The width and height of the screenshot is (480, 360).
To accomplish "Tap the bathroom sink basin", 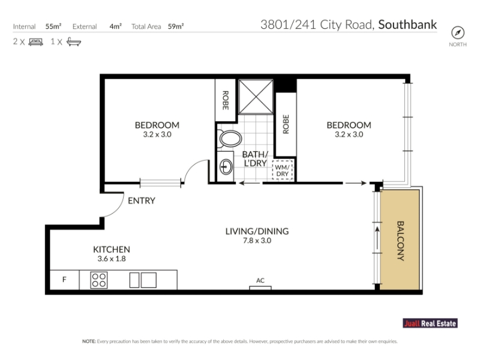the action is click(226, 167).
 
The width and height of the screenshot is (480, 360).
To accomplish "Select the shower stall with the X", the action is click(256, 97).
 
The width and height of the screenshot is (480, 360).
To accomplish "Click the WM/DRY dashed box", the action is click(282, 170).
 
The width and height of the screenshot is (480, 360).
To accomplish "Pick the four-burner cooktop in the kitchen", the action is click(99, 280).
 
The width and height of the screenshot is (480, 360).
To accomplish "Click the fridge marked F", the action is click(64, 280).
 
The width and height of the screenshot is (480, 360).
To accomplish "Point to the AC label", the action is click(260, 280).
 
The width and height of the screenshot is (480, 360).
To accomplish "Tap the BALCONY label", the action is click(400, 241).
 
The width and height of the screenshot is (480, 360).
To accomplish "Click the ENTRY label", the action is click(142, 201).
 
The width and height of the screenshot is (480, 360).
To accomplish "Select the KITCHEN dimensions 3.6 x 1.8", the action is click(112, 259).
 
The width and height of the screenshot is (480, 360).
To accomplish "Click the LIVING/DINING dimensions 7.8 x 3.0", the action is click(257, 241).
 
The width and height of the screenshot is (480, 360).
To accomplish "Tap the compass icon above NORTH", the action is click(458, 33).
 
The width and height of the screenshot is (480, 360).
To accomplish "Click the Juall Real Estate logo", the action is click(430, 323).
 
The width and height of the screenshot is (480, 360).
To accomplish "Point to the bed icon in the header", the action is click(35, 42).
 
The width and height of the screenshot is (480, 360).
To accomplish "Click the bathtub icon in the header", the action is click(74, 41).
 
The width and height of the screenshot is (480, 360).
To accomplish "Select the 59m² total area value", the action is click(176, 26).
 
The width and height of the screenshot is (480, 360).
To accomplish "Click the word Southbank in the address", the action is click(407, 25).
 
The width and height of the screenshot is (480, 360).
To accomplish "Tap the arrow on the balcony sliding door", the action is click(377, 238).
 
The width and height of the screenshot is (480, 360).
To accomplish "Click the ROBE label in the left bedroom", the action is click(226, 100).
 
